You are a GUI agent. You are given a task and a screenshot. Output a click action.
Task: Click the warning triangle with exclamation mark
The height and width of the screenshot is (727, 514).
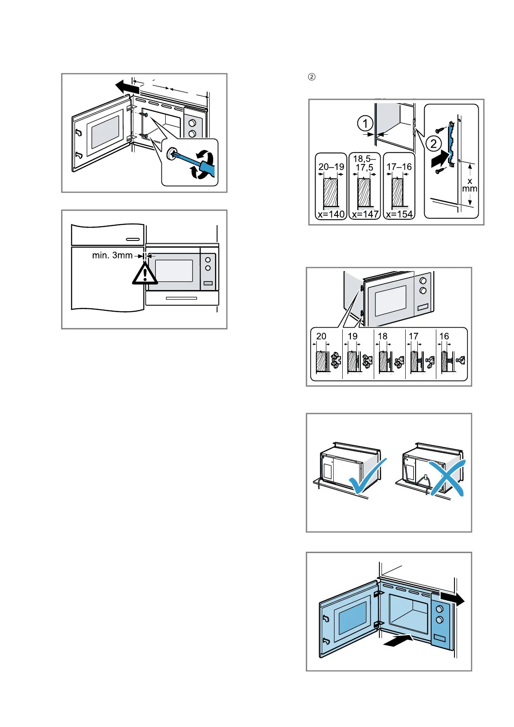click(145, 274)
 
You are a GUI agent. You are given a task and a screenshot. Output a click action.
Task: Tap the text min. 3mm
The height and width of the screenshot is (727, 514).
click(112, 256)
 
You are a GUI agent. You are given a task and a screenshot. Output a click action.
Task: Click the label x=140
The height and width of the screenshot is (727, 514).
click(331, 214)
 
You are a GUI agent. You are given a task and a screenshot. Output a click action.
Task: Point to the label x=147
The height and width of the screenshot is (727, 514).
click(365, 214)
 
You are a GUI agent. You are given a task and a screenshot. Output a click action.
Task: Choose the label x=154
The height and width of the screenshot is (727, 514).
click(399, 214)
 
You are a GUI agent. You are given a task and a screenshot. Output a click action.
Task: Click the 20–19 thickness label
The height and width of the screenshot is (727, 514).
click(331, 167)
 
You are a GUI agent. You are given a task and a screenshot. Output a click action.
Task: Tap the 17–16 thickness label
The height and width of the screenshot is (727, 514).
click(399, 167)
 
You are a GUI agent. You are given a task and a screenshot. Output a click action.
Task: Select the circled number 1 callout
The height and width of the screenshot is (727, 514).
click(365, 123)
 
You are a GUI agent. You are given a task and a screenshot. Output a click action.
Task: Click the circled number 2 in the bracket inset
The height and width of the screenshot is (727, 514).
click(433, 144)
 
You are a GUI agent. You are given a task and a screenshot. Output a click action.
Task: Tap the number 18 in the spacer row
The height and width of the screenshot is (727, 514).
click(382, 336)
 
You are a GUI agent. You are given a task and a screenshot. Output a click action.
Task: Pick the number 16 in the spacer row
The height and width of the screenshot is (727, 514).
click(444, 336)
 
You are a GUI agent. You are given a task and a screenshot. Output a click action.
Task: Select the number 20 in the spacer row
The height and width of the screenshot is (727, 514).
click(321, 336)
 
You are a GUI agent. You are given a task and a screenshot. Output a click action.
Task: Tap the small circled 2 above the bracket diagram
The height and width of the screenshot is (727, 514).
click(312, 77)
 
